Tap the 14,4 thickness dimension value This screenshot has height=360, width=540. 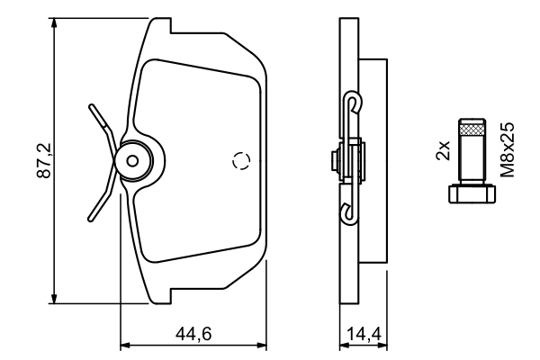[x=363, y=334]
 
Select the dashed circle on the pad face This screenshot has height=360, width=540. [x=240, y=161]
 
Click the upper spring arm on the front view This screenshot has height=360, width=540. [x=101, y=120]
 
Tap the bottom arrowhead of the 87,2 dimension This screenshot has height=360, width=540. [x=57, y=300]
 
